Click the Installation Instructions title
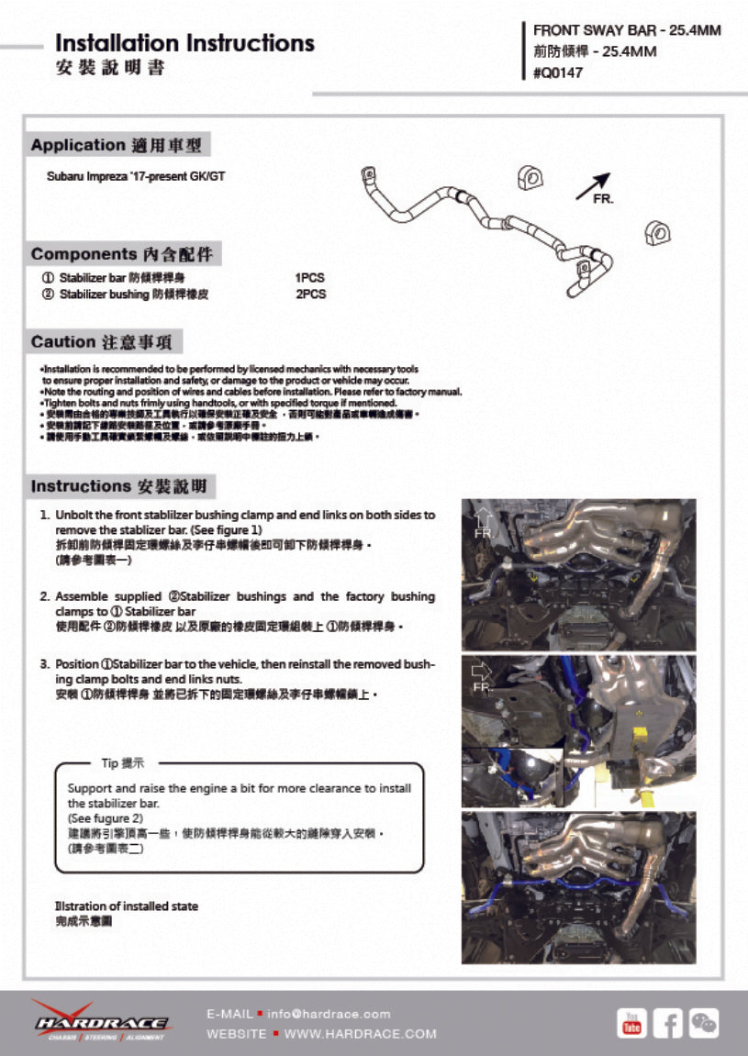pyautogui.click(x=184, y=43)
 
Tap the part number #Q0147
pyautogui.click(x=557, y=73)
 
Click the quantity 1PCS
pyautogui.click(x=309, y=278)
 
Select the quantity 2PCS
pyautogui.click(x=310, y=295)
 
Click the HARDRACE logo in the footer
pyautogui.click(x=101, y=1021)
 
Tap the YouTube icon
pyautogui.click(x=631, y=1022)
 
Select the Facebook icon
pyautogui.click(x=667, y=1022)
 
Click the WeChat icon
pyautogui.click(x=704, y=1022)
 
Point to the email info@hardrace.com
pyautogui.click(x=329, y=1014)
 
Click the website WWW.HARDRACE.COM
pyautogui.click(x=360, y=1034)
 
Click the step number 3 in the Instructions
pyautogui.click(x=44, y=663)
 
